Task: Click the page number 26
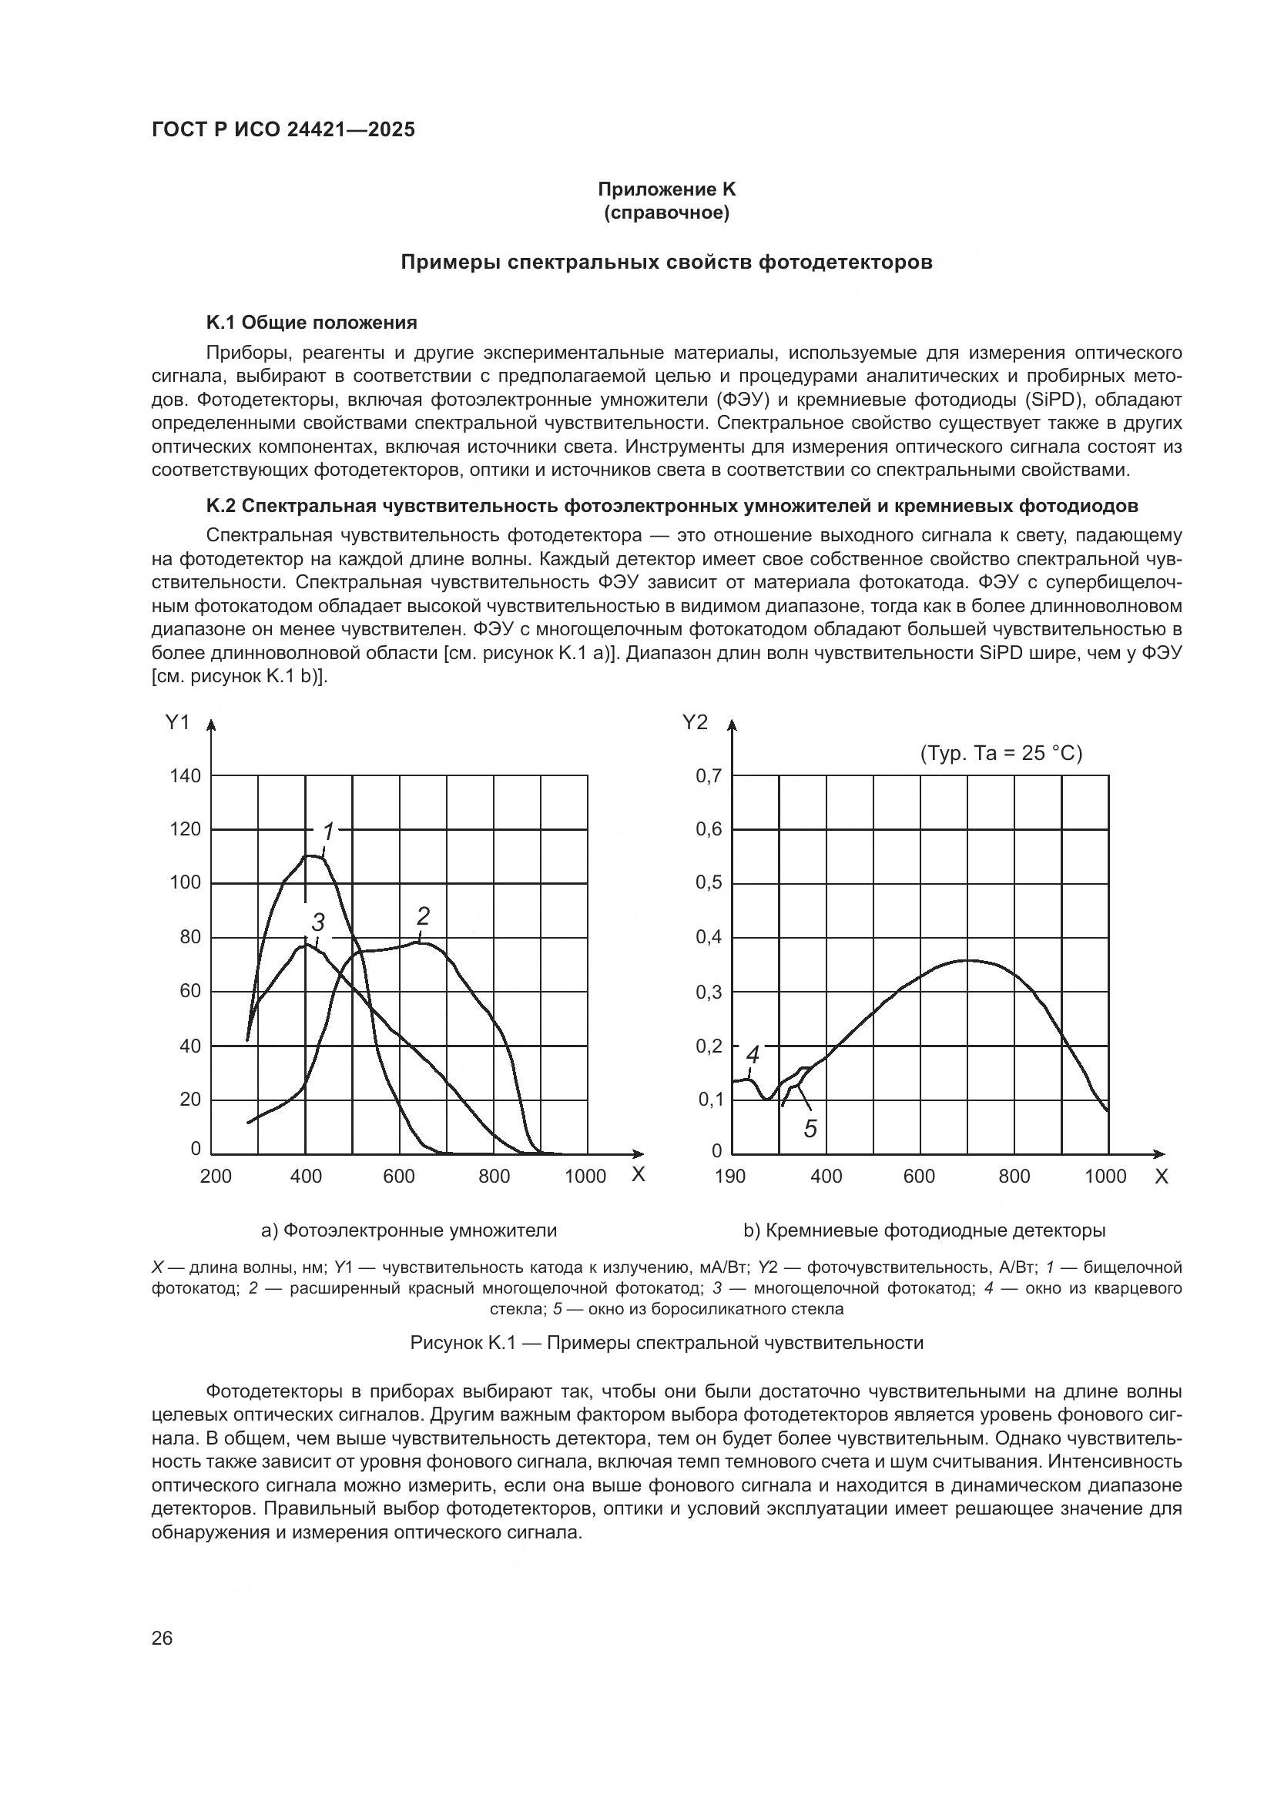[163, 1638]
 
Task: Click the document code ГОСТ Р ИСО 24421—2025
[283, 130]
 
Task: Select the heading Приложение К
[667, 189]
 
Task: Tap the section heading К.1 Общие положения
[311, 323]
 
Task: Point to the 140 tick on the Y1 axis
[185, 776]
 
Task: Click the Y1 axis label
[178, 722]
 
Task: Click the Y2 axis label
[695, 722]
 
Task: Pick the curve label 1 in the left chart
[329, 832]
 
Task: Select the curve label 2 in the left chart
[424, 916]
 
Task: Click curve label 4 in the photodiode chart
[753, 1054]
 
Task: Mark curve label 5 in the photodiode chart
[810, 1129]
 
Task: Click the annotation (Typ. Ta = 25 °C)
[1001, 753]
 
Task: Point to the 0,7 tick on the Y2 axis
[709, 776]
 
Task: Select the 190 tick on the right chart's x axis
[729, 1176]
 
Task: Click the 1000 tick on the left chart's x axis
[585, 1176]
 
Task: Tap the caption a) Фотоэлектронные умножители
[409, 1230]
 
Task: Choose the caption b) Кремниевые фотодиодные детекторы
[924, 1230]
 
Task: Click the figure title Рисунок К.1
[667, 1342]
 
